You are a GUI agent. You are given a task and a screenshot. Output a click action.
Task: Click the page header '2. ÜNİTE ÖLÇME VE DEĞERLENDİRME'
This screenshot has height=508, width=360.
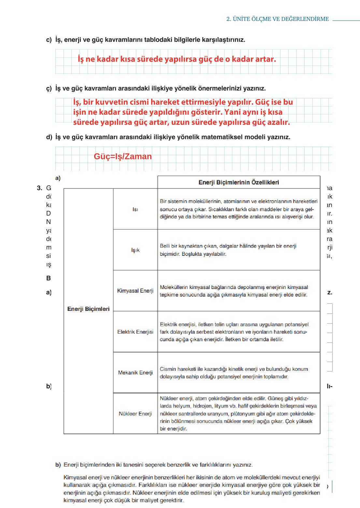pyautogui.click(x=278, y=19)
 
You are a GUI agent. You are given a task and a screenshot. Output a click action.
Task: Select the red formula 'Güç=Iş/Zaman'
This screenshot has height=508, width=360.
pyautogui.click(x=123, y=156)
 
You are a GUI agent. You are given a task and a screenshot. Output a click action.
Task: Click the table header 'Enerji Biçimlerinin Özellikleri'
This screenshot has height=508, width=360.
pyautogui.click(x=239, y=182)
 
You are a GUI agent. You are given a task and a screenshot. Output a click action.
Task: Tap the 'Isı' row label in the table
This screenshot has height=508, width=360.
pyautogui.click(x=135, y=209)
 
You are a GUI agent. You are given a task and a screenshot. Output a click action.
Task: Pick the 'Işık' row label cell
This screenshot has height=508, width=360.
pyautogui.click(x=135, y=250)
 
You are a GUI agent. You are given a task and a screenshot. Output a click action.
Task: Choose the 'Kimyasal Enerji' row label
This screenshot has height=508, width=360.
pyautogui.click(x=135, y=291)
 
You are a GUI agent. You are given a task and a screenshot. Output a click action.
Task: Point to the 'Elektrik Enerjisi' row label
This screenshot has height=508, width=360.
pyautogui.click(x=135, y=332)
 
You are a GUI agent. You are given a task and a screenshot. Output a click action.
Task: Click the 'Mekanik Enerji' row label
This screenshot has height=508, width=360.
pyautogui.click(x=135, y=372)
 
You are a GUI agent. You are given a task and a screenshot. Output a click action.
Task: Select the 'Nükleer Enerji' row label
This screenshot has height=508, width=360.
pyautogui.click(x=135, y=414)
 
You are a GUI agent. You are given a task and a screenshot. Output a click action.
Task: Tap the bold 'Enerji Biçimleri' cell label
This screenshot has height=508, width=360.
pyautogui.click(x=88, y=309)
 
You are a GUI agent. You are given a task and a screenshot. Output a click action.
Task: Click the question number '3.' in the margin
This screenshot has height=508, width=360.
pyautogui.click(x=39, y=188)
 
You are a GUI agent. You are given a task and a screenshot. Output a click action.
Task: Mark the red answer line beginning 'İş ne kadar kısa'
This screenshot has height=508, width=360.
pyautogui.click(x=177, y=59)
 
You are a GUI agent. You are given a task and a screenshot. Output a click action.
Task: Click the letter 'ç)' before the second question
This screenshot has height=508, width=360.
pyautogui.click(x=49, y=88)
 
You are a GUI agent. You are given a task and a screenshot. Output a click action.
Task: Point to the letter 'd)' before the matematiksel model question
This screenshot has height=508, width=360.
pyautogui.click(x=49, y=137)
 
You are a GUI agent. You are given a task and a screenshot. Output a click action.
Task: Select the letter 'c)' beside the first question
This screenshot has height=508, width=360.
pyautogui.click(x=49, y=40)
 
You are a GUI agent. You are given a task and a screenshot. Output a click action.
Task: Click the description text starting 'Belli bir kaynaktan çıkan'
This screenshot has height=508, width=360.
pyautogui.click(x=228, y=250)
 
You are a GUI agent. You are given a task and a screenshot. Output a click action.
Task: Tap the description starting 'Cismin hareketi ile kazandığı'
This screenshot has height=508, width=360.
pyautogui.click(x=234, y=373)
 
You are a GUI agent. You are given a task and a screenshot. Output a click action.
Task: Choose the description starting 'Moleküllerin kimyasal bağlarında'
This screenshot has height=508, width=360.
pyautogui.click(x=234, y=291)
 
